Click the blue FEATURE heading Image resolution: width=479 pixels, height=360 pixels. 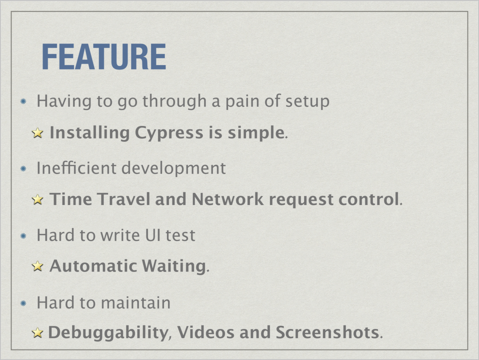click(x=104, y=57)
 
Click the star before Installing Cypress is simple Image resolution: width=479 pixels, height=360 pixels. click(x=37, y=133)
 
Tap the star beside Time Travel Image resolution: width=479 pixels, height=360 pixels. click(x=37, y=199)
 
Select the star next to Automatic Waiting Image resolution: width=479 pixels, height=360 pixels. click(x=37, y=266)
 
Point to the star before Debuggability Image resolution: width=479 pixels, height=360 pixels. click(x=37, y=332)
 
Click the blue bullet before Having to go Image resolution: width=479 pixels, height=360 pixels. click(x=23, y=101)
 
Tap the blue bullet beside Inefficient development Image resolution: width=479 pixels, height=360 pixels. click(x=23, y=169)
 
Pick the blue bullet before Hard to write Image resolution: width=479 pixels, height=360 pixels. click(x=23, y=235)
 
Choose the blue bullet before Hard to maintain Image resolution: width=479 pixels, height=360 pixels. click(x=23, y=303)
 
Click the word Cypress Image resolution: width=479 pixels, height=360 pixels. click(x=169, y=133)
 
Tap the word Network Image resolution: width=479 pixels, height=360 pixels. click(x=228, y=199)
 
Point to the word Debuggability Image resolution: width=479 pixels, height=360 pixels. click(x=109, y=332)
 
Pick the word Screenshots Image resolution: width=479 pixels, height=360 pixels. click(x=327, y=332)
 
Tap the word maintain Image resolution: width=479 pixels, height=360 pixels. click(x=136, y=302)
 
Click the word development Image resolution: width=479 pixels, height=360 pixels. click(x=174, y=169)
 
